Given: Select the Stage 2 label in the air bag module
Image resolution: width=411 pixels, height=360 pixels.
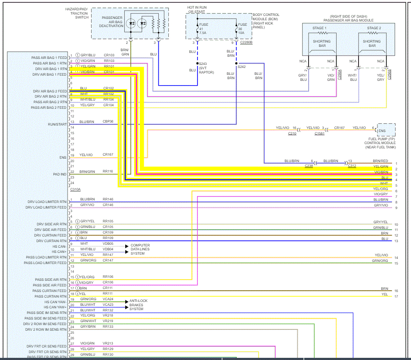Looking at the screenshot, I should tap(374, 28).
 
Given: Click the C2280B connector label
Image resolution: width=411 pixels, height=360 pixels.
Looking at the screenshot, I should tap(245, 43).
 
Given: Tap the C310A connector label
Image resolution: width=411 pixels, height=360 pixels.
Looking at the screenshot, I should tap(75, 189).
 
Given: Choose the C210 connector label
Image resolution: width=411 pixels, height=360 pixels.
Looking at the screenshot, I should tap(292, 134).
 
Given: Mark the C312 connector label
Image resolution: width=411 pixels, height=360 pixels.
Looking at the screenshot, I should tap(352, 166).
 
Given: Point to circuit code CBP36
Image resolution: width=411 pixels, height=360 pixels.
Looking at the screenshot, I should tap(108, 122).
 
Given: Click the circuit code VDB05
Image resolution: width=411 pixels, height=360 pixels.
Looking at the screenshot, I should tap(108, 243).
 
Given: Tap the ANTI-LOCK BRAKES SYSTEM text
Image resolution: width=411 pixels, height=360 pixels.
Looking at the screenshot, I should tap(136, 305).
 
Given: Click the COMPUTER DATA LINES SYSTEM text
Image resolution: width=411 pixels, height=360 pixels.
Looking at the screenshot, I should tap(140, 249).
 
